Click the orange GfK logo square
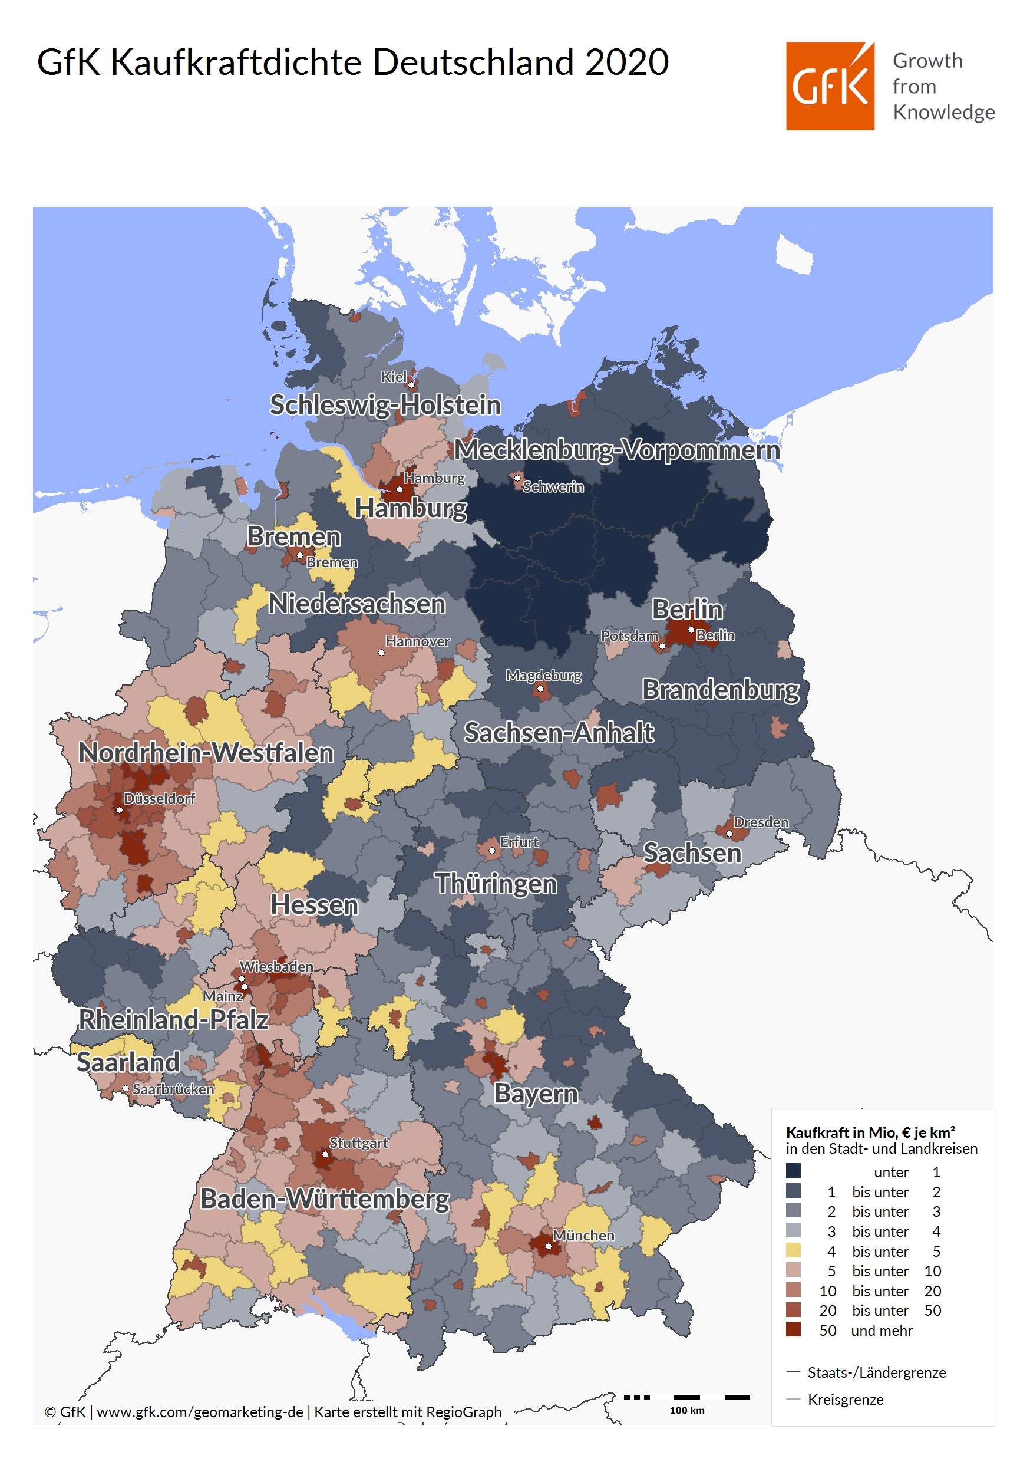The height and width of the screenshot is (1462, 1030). click(830, 87)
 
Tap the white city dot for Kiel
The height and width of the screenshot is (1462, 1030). click(411, 384)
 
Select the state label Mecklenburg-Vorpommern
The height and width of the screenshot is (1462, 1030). click(616, 450)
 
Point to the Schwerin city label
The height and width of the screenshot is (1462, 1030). click(553, 487)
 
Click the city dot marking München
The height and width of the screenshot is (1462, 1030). click(548, 1246)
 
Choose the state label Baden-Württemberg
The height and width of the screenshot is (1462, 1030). click(325, 1199)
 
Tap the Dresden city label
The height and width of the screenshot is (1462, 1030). click(761, 822)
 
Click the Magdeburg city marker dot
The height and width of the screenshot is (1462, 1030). click(540, 689)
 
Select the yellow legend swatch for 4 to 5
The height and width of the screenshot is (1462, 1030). click(793, 1250)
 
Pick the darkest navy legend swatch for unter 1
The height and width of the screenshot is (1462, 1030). click(793, 1170)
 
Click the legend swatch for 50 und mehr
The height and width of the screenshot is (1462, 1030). click(793, 1329)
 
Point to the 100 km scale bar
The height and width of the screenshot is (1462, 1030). click(686, 1397)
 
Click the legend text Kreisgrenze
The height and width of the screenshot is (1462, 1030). click(846, 1400)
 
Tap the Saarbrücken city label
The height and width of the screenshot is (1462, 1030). click(173, 1089)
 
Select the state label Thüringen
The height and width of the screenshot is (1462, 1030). click(496, 884)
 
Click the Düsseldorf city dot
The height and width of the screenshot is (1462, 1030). click(119, 810)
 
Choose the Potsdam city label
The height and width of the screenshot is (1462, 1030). click(629, 635)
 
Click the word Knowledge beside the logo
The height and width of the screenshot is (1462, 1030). click(943, 112)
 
